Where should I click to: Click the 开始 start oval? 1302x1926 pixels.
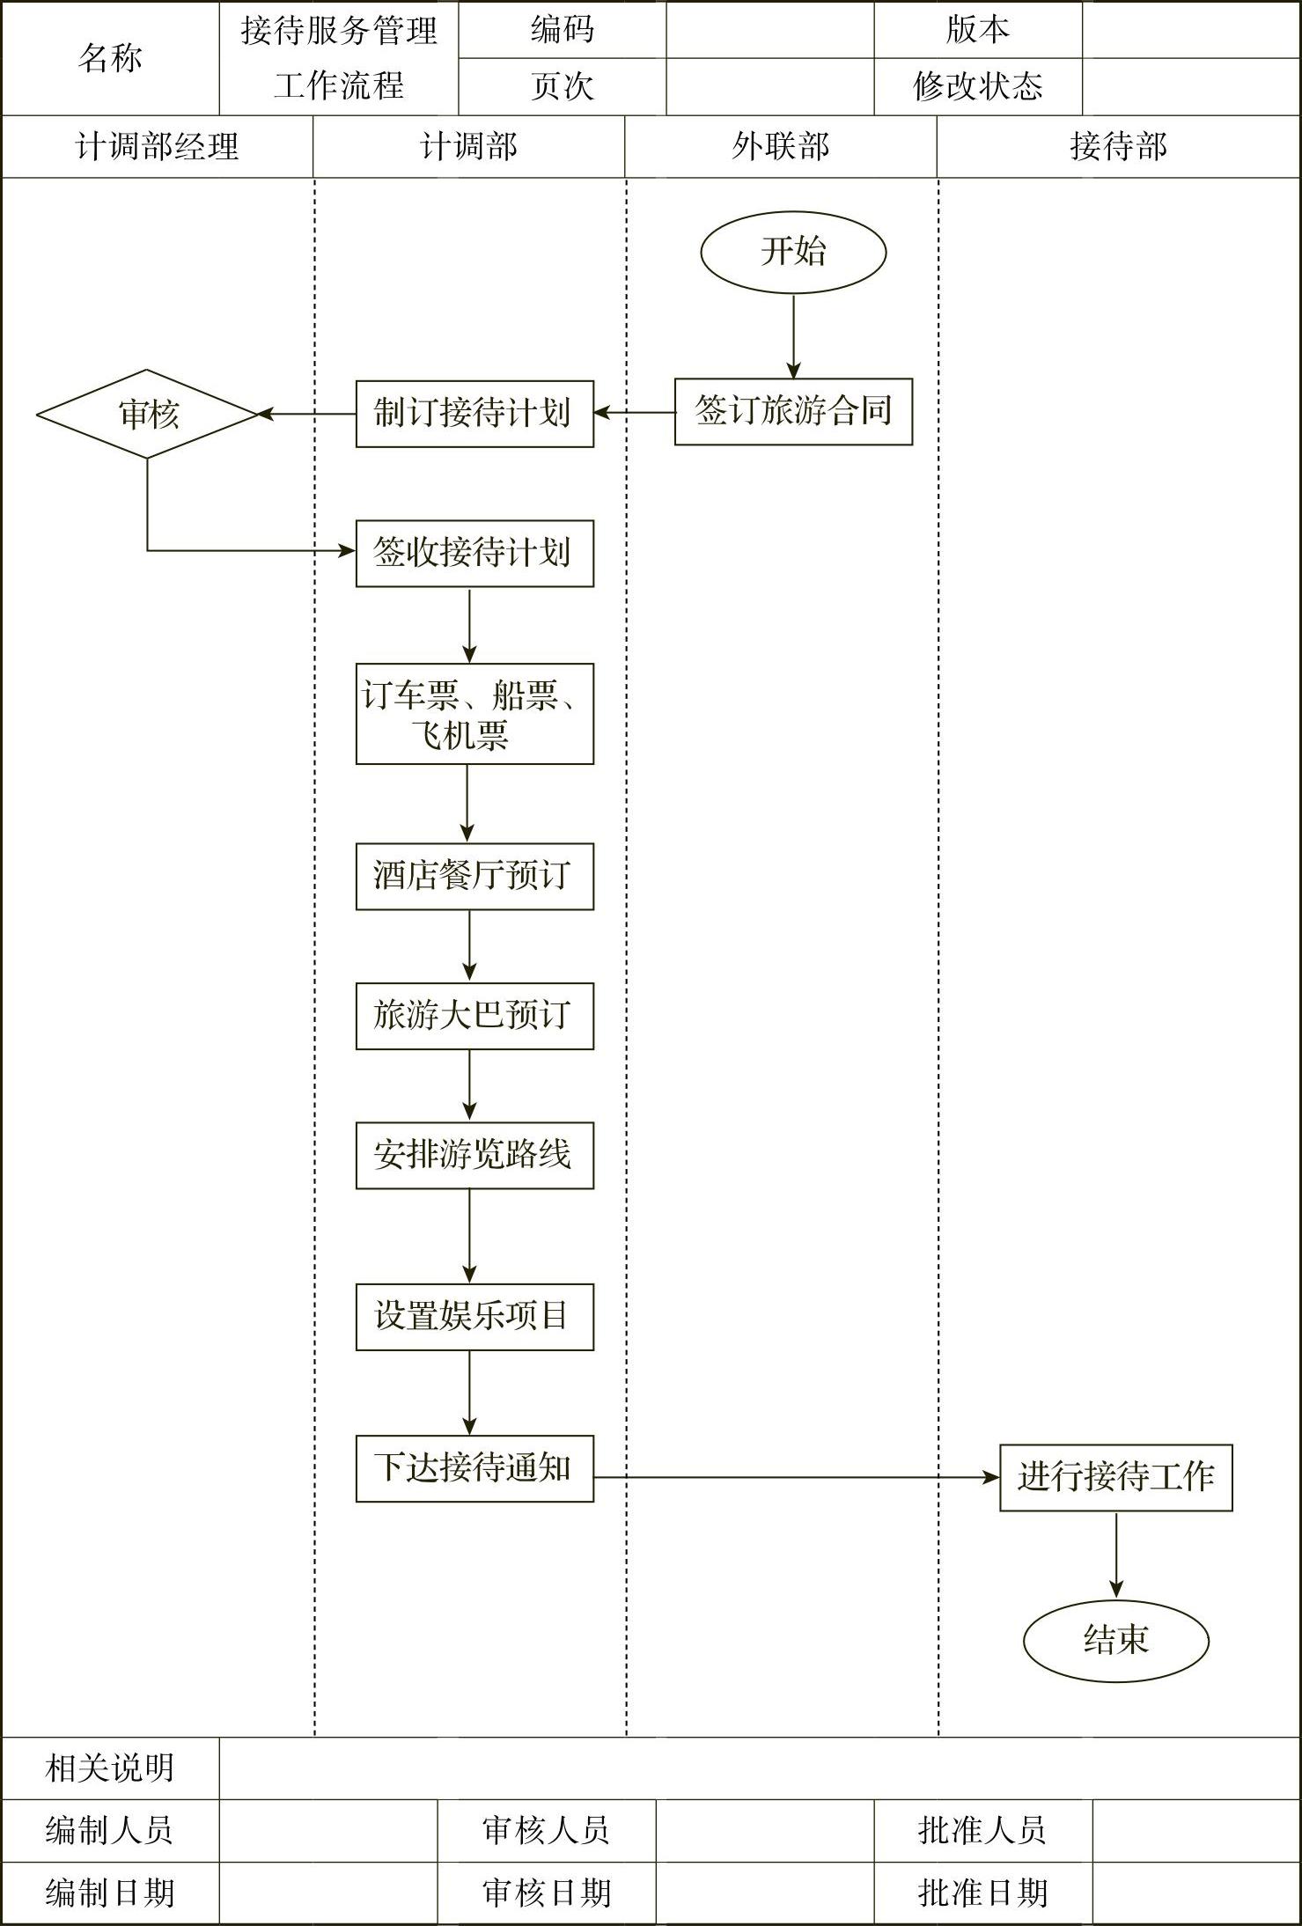pos(793,252)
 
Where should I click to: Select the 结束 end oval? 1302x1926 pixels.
pos(1115,1640)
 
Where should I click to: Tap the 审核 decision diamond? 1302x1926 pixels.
pos(147,414)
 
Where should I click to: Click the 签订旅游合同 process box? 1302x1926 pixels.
pos(793,411)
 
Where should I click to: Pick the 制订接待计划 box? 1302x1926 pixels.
pos(474,414)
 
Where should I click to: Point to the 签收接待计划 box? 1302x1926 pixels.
pos(474,553)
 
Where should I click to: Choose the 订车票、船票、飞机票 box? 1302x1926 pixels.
pos(474,714)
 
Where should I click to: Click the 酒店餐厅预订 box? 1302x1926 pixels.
pos(474,876)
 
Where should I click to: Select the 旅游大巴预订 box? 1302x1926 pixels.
pos(474,1016)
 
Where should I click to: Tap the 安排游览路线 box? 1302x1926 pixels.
pos(474,1155)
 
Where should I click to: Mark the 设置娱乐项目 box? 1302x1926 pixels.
pos(474,1317)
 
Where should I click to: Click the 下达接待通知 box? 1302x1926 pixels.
pos(474,1468)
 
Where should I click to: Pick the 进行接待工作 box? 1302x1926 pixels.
pos(1115,1477)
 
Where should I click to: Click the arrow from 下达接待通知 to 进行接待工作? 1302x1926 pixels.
pos(797,1477)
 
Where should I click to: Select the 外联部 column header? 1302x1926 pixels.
pos(781,146)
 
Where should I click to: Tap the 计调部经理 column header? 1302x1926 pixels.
pos(157,146)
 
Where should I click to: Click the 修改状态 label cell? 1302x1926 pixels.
pos(977,86)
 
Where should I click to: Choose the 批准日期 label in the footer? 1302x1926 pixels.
pos(982,1893)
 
